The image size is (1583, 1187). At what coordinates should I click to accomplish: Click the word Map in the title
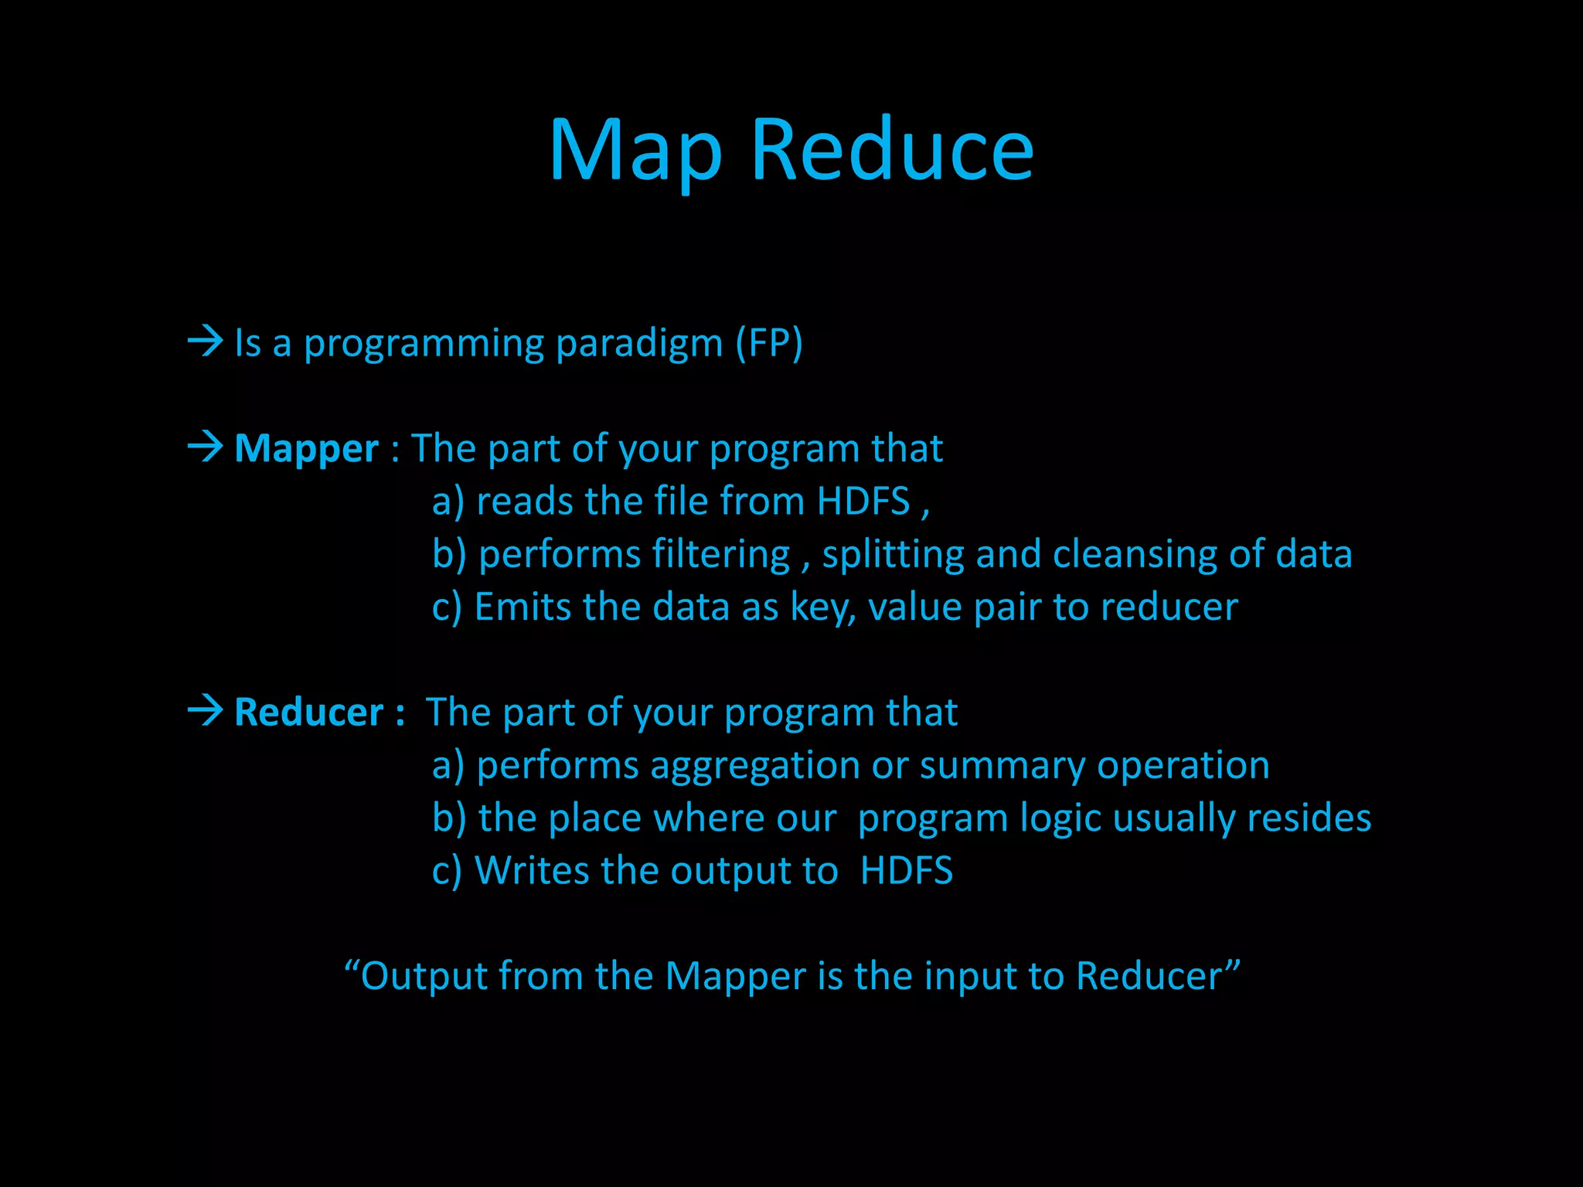click(635, 151)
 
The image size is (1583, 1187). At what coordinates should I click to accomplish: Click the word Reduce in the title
click(892, 151)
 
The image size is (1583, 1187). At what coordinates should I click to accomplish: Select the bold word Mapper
click(306, 449)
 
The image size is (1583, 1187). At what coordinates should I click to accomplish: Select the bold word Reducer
click(308, 713)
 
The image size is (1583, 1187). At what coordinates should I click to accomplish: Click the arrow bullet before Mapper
click(205, 447)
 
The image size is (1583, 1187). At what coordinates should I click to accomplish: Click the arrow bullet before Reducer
click(205, 710)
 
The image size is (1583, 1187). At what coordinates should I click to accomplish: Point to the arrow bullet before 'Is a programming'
click(205, 341)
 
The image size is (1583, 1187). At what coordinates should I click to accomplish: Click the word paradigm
click(639, 344)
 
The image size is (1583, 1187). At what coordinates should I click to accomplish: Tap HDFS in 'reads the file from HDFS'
click(863, 502)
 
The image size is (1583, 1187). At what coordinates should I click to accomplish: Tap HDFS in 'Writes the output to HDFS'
click(906, 871)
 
